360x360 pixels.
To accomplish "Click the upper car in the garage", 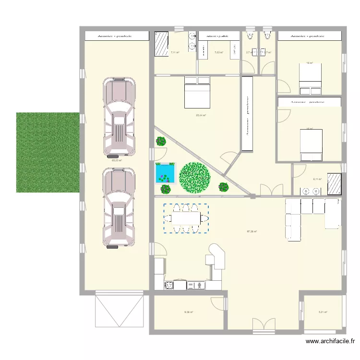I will tap(119, 118).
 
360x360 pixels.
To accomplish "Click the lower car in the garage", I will tap(119, 207).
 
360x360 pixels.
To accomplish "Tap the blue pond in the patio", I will tap(164, 173).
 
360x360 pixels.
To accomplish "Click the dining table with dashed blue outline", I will tap(186, 218).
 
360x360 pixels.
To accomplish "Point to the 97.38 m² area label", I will tap(252, 231).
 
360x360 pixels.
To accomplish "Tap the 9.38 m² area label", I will tap(188, 312).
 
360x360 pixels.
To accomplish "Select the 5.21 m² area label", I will tap(323, 312).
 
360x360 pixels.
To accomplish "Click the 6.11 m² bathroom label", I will tap(317, 179).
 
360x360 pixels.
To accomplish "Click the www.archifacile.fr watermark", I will tap(330, 342).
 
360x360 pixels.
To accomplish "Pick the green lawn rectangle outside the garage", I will tap(48, 152).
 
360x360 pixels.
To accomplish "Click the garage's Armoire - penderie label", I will tap(115, 36).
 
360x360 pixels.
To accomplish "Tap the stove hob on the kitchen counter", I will tap(169, 286).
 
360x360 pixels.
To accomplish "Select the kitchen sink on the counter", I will tap(196, 286).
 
